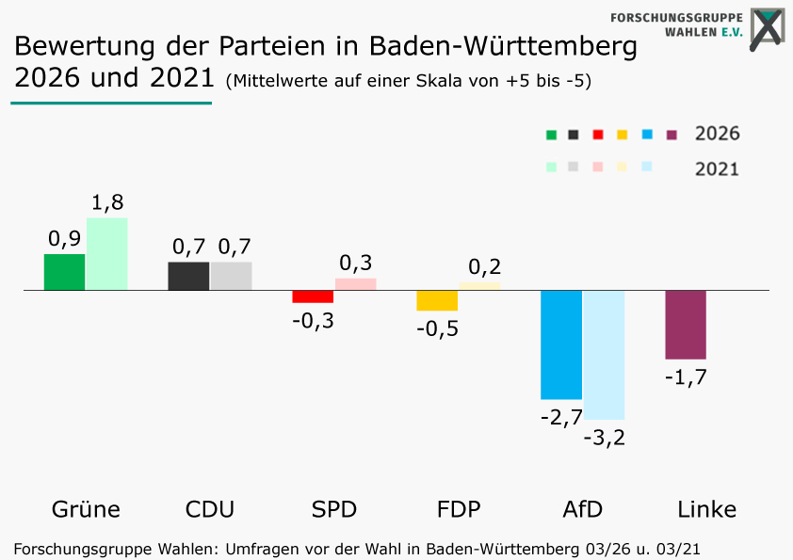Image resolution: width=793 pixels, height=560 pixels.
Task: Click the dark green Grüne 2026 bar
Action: pyautogui.click(x=64, y=272)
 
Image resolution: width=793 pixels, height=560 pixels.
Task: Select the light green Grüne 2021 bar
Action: pyautogui.click(x=107, y=254)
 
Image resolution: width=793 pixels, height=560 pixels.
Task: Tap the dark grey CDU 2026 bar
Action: pyautogui.click(x=188, y=276)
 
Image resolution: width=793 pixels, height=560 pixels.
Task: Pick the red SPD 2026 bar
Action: pyautogui.click(x=313, y=296)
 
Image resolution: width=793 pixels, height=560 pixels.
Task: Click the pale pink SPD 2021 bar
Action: pyautogui.click(x=355, y=284)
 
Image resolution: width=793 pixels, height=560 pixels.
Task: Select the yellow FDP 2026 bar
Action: pyautogui.click(x=437, y=300)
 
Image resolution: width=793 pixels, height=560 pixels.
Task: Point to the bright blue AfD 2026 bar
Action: pyautogui.click(x=561, y=344)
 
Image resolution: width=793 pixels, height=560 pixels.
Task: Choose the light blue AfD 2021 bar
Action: pyautogui.click(x=604, y=354)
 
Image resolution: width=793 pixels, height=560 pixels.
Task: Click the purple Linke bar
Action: pyautogui.click(x=686, y=325)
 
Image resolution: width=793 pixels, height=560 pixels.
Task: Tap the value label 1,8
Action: pyautogui.click(x=107, y=202)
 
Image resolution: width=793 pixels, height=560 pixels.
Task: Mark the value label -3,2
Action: pyautogui.click(x=605, y=438)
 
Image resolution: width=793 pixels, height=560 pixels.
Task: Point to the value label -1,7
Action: pyautogui.click(x=686, y=377)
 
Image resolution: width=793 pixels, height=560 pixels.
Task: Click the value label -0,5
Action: pyautogui.click(x=437, y=329)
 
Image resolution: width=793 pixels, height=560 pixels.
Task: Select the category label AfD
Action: pyautogui.click(x=582, y=509)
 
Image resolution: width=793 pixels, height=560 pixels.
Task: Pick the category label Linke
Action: pyautogui.click(x=706, y=509)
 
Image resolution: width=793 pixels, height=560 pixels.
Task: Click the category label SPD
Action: pyautogui.click(x=334, y=509)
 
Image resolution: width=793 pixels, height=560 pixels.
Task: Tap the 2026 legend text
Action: pyautogui.click(x=717, y=134)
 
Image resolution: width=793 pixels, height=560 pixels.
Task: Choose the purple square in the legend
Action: pyautogui.click(x=672, y=135)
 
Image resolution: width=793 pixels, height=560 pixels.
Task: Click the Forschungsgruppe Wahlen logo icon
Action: pyautogui.click(x=766, y=26)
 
